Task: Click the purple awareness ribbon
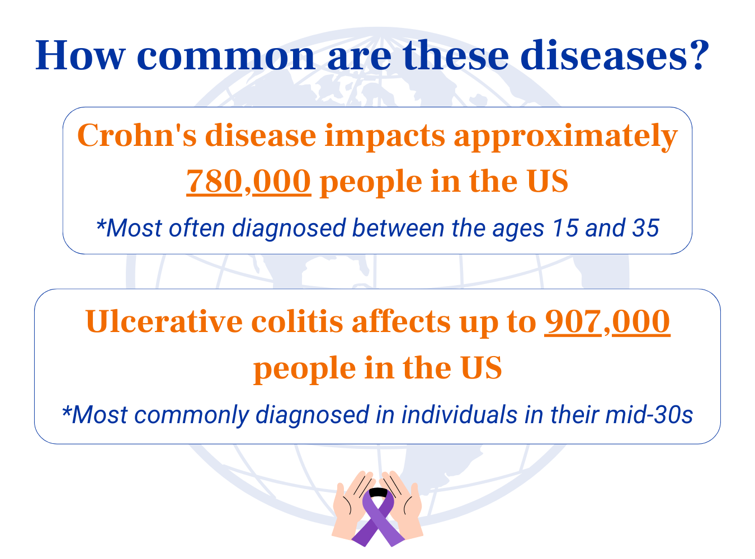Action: tap(378, 517)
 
